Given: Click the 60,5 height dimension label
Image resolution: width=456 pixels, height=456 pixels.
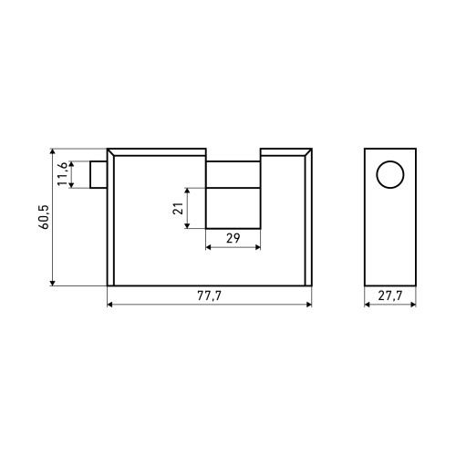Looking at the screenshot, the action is click(45, 217).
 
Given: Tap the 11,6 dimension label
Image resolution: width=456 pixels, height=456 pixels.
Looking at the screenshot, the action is click(63, 173).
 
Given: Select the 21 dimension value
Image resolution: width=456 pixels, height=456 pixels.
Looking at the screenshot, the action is click(178, 208).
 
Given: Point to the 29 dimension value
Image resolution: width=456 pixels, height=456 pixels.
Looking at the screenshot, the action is click(233, 238).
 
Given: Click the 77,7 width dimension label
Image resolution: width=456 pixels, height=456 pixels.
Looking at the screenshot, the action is click(210, 295).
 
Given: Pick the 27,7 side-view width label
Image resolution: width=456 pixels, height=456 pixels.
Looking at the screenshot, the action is click(390, 295).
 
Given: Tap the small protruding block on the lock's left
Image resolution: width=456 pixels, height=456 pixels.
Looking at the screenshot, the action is click(98, 174).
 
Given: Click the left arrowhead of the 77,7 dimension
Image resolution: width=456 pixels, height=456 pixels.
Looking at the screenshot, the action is click(110, 305).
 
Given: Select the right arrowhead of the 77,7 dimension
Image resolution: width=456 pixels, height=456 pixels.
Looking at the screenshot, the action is click(309, 305).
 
